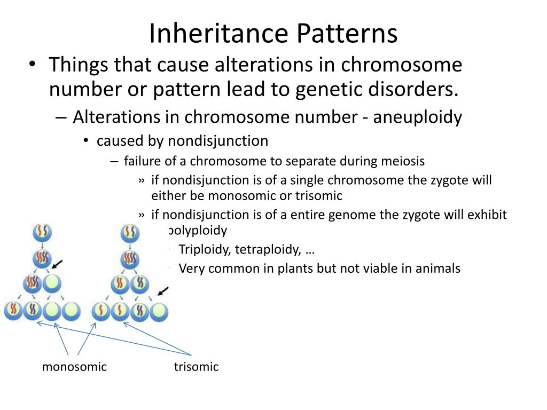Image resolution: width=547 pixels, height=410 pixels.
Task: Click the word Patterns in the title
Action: coord(347,33)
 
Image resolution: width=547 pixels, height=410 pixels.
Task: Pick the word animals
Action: coord(437,268)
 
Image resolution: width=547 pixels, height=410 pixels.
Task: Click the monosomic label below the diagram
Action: coord(74,367)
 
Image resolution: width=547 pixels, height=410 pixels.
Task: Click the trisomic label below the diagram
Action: coord(196,367)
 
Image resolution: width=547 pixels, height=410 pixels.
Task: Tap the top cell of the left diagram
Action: coord(42,232)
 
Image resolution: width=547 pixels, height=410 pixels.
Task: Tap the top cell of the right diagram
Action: coord(130,232)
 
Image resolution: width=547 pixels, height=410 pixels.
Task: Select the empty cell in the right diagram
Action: coord(159,311)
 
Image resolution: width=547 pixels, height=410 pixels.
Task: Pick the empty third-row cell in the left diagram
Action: coord(52,283)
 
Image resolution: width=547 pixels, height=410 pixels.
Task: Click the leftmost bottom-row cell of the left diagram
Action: coord(13,310)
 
